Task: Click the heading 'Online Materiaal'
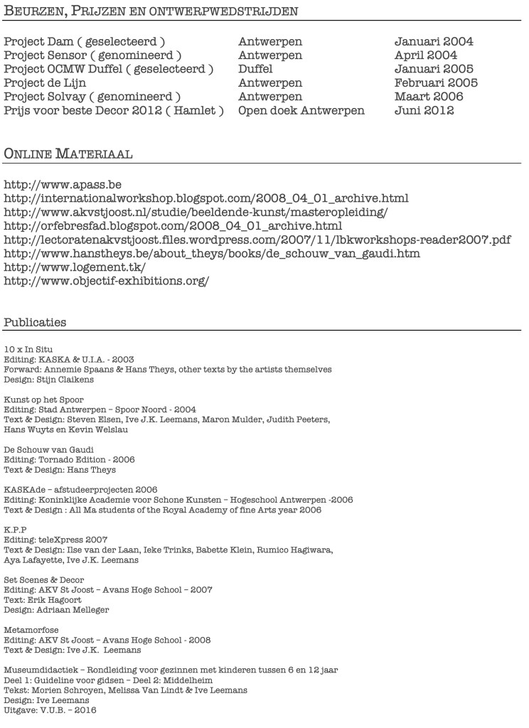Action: coord(69,154)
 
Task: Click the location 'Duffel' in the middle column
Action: coord(255,69)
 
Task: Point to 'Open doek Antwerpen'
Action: coord(301,110)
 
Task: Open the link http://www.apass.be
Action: coord(63,184)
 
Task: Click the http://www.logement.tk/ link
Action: coord(75,267)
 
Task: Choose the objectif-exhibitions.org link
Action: coord(107,281)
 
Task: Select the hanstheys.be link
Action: coord(212,253)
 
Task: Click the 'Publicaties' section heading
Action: coord(35,322)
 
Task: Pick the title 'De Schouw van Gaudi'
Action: coord(48,449)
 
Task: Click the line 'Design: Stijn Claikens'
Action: coord(50,380)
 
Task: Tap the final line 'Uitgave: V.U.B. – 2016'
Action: coord(50,710)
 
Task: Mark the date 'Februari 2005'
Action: coord(436,82)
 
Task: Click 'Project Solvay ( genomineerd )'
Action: coord(92,97)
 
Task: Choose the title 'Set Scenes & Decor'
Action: coord(44,579)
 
